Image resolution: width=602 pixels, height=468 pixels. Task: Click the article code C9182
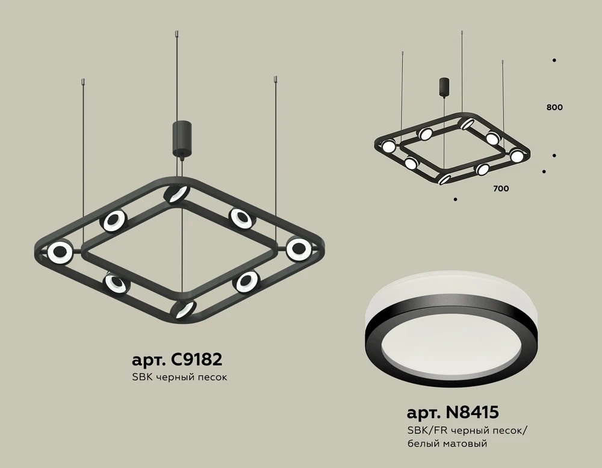(x=177, y=360)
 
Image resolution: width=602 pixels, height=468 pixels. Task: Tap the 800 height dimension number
(x=554, y=108)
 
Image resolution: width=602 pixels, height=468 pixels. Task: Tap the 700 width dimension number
(x=500, y=189)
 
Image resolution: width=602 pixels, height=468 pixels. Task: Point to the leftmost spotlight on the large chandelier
(x=60, y=253)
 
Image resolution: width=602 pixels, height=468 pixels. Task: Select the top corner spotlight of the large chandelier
(x=176, y=194)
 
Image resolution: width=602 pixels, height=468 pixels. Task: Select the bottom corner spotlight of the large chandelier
(x=183, y=309)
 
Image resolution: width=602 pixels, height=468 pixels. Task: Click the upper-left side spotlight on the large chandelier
(x=113, y=221)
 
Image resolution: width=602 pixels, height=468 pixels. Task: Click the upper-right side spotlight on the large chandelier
(x=240, y=218)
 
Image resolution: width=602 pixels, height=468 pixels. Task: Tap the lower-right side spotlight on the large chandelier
(x=246, y=281)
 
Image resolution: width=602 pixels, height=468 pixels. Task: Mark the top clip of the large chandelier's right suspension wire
(x=275, y=78)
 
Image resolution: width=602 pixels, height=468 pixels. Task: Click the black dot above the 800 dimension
(x=554, y=60)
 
